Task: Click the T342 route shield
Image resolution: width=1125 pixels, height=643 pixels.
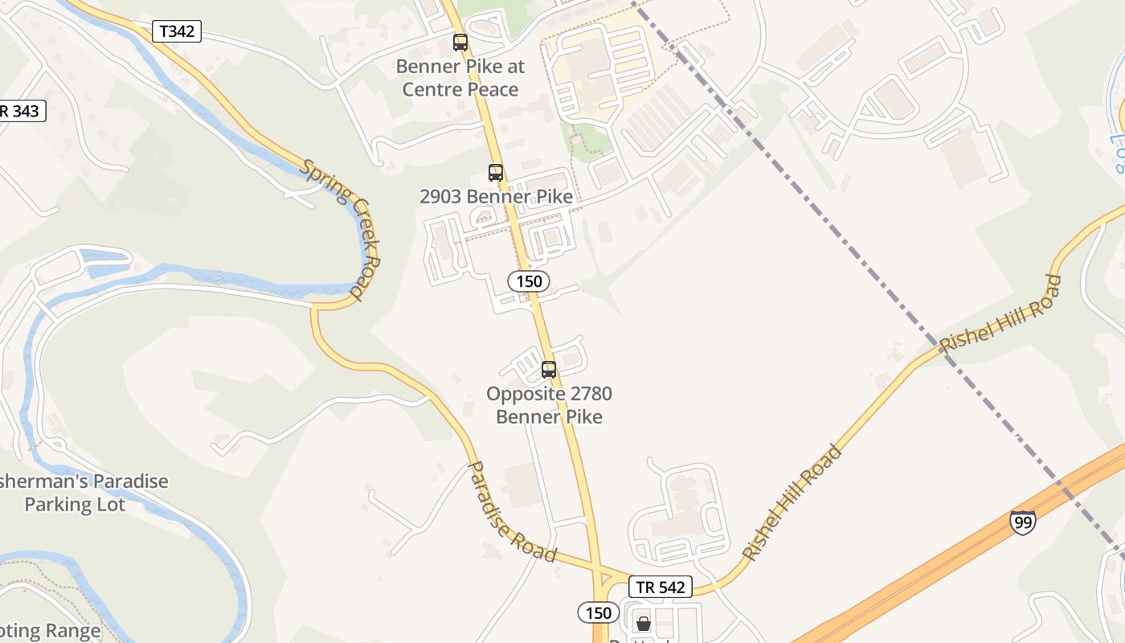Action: pyautogui.click(x=176, y=31)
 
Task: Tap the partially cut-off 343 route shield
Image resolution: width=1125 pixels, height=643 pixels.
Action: pyautogui.click(x=22, y=111)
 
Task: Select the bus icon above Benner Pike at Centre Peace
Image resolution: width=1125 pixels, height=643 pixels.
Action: pyautogui.click(x=460, y=43)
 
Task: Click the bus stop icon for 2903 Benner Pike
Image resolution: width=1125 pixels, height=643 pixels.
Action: pyautogui.click(x=496, y=172)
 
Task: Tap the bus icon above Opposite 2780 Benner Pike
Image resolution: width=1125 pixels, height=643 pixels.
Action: pyautogui.click(x=549, y=370)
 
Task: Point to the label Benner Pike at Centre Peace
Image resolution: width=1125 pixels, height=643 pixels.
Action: pyautogui.click(x=460, y=78)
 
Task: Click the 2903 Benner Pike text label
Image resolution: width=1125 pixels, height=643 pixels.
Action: pyautogui.click(x=496, y=197)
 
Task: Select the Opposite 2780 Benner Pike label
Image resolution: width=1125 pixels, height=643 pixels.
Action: pyautogui.click(x=549, y=405)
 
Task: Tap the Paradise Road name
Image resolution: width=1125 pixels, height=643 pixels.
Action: pyautogui.click(x=512, y=511)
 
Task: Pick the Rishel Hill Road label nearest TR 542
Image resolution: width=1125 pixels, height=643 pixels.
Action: pyautogui.click(x=791, y=503)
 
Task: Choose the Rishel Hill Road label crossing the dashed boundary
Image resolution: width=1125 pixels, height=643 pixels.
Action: pyautogui.click(x=1000, y=313)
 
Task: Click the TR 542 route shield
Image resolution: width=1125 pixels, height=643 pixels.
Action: pyautogui.click(x=660, y=587)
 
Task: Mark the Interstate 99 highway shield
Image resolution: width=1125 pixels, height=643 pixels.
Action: pyautogui.click(x=1022, y=522)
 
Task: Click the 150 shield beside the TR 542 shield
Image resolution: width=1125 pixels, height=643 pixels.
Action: pyautogui.click(x=598, y=613)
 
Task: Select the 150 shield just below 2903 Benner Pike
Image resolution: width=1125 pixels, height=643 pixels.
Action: pyautogui.click(x=529, y=281)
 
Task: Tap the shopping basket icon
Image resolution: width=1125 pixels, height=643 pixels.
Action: pyautogui.click(x=643, y=623)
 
